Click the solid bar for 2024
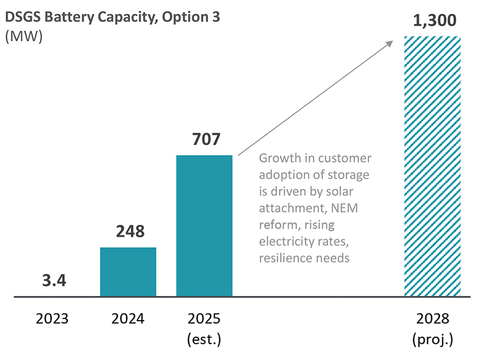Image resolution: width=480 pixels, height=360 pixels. pyautogui.click(x=128, y=272)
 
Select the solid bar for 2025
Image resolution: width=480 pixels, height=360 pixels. pyautogui.click(x=204, y=226)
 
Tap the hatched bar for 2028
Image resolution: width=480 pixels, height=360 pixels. pyautogui.click(x=432, y=167)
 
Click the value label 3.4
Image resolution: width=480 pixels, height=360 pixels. pyautogui.click(x=54, y=281)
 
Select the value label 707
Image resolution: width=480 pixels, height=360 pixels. pyautogui.click(x=204, y=139)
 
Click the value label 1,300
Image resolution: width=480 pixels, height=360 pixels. pyautogui.click(x=434, y=20)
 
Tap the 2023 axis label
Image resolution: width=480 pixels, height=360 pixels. pyautogui.click(x=52, y=319)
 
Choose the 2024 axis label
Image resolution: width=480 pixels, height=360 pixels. pyautogui.click(x=128, y=319)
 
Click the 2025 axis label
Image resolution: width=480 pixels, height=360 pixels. pyautogui.click(x=204, y=319)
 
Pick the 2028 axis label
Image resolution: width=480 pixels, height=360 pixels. pyautogui.click(x=432, y=319)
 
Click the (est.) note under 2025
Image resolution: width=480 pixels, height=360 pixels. pyautogui.click(x=204, y=339)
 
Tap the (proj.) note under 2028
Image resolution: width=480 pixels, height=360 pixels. pyautogui.click(x=432, y=339)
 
